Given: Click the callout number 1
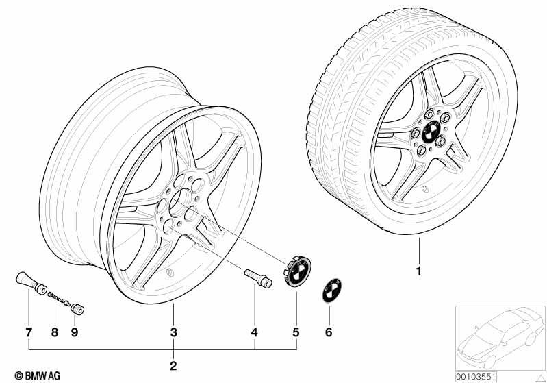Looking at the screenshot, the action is (x=419, y=271).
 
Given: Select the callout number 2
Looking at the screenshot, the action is (x=173, y=366).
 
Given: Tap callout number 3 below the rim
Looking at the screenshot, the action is (x=173, y=332).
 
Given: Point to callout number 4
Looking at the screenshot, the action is (x=255, y=332).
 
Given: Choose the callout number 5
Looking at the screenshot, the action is (x=296, y=332).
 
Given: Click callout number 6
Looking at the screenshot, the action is (x=329, y=332).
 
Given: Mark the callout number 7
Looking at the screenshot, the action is (x=29, y=332).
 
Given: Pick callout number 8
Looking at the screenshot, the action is (x=54, y=332).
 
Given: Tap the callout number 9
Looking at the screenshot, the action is (x=75, y=332).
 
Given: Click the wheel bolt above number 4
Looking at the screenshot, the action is (x=259, y=278).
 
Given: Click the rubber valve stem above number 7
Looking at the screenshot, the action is (x=31, y=283).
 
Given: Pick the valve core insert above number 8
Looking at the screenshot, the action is (x=59, y=299).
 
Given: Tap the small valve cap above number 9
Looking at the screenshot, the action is (x=78, y=309).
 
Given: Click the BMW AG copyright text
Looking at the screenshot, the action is (x=38, y=375).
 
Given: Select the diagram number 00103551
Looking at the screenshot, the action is (x=476, y=377).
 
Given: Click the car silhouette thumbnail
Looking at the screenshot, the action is (x=500, y=338).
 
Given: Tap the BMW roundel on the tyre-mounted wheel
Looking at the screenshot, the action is (x=432, y=132).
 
